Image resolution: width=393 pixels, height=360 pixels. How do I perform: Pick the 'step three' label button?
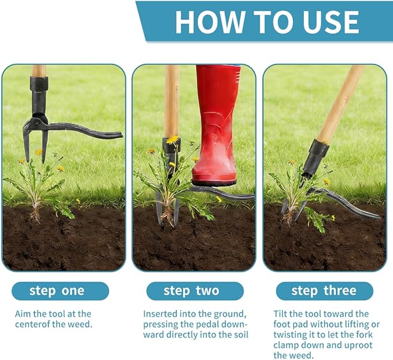click(x=324, y=291)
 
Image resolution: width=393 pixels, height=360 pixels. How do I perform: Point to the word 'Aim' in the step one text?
click(x=23, y=314)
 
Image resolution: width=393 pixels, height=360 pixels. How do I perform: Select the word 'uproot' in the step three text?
click(x=352, y=345)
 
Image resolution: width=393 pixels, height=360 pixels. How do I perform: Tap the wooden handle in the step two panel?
click(x=171, y=98)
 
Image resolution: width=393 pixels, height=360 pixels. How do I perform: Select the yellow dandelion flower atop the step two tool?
click(x=172, y=139)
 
